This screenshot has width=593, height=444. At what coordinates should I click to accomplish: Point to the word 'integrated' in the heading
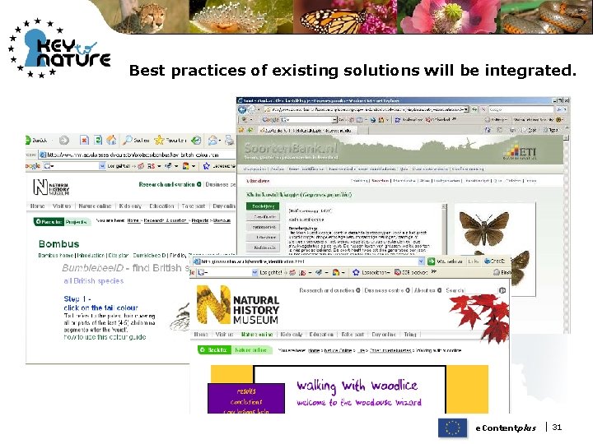pyautogui.click(x=532, y=72)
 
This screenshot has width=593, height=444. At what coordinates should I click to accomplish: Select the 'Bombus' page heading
pyautogui.click(x=59, y=244)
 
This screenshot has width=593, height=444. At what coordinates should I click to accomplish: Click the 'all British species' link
pyautogui.click(x=93, y=280)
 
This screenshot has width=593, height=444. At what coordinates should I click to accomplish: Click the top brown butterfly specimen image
pyautogui.click(x=484, y=224)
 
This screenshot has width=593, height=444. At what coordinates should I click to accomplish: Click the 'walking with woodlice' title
pyautogui.click(x=357, y=385)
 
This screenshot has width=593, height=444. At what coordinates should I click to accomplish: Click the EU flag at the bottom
pyautogui.click(x=451, y=428)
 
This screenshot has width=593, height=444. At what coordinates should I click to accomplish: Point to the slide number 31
pyautogui.click(x=558, y=428)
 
